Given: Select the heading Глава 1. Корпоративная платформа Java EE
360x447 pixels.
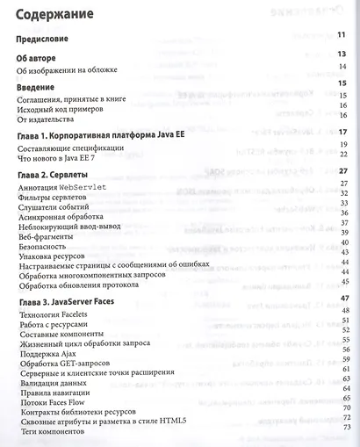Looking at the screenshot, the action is click(100, 138).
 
